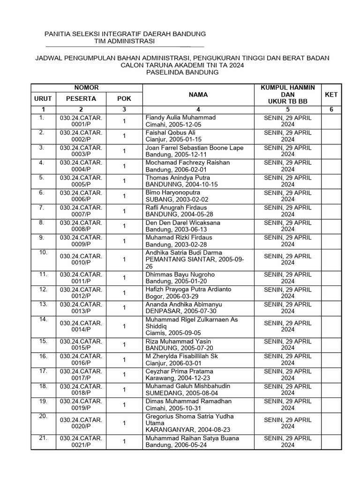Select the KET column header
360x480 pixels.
331,95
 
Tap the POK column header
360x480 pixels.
124,99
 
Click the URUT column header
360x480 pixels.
43,99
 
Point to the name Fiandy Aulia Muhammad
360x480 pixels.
180,118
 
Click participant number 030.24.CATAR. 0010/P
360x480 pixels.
81,259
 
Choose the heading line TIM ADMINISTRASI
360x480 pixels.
125,42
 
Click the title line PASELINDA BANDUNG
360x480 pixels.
182,73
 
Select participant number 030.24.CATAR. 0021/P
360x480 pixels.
81,442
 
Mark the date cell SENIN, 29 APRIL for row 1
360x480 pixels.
288,118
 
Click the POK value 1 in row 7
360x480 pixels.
124,211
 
